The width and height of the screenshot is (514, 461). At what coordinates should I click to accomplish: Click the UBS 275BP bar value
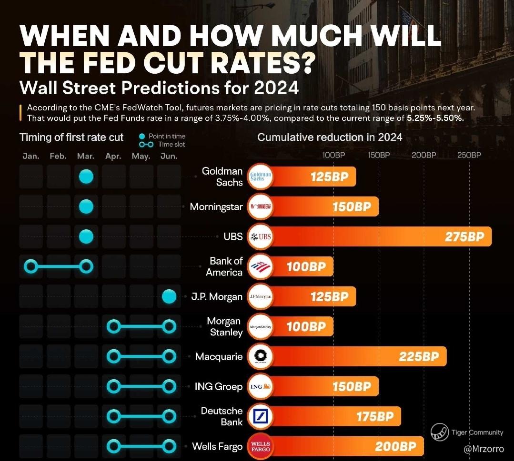click(x=464, y=236)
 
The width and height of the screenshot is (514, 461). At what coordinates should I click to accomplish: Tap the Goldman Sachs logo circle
click(x=261, y=177)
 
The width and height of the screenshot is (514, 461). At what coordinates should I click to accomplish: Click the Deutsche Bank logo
click(x=261, y=416)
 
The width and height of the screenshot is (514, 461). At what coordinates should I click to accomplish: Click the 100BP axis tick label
click(x=333, y=155)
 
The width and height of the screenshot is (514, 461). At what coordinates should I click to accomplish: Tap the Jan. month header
click(x=31, y=156)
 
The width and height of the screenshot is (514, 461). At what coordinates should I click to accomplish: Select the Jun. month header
click(x=169, y=156)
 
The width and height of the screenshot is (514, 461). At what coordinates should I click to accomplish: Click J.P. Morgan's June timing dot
click(x=169, y=297)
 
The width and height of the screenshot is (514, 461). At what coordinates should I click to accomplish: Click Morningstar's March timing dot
click(x=86, y=206)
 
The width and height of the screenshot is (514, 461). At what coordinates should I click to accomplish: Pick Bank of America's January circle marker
click(x=31, y=266)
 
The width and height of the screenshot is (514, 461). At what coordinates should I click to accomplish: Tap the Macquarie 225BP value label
click(x=419, y=356)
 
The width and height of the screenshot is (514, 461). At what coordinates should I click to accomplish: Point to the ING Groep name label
click(x=218, y=386)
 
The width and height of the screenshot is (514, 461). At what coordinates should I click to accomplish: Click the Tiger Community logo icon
click(x=440, y=432)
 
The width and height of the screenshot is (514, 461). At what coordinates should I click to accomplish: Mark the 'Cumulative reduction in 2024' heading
click(x=330, y=137)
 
